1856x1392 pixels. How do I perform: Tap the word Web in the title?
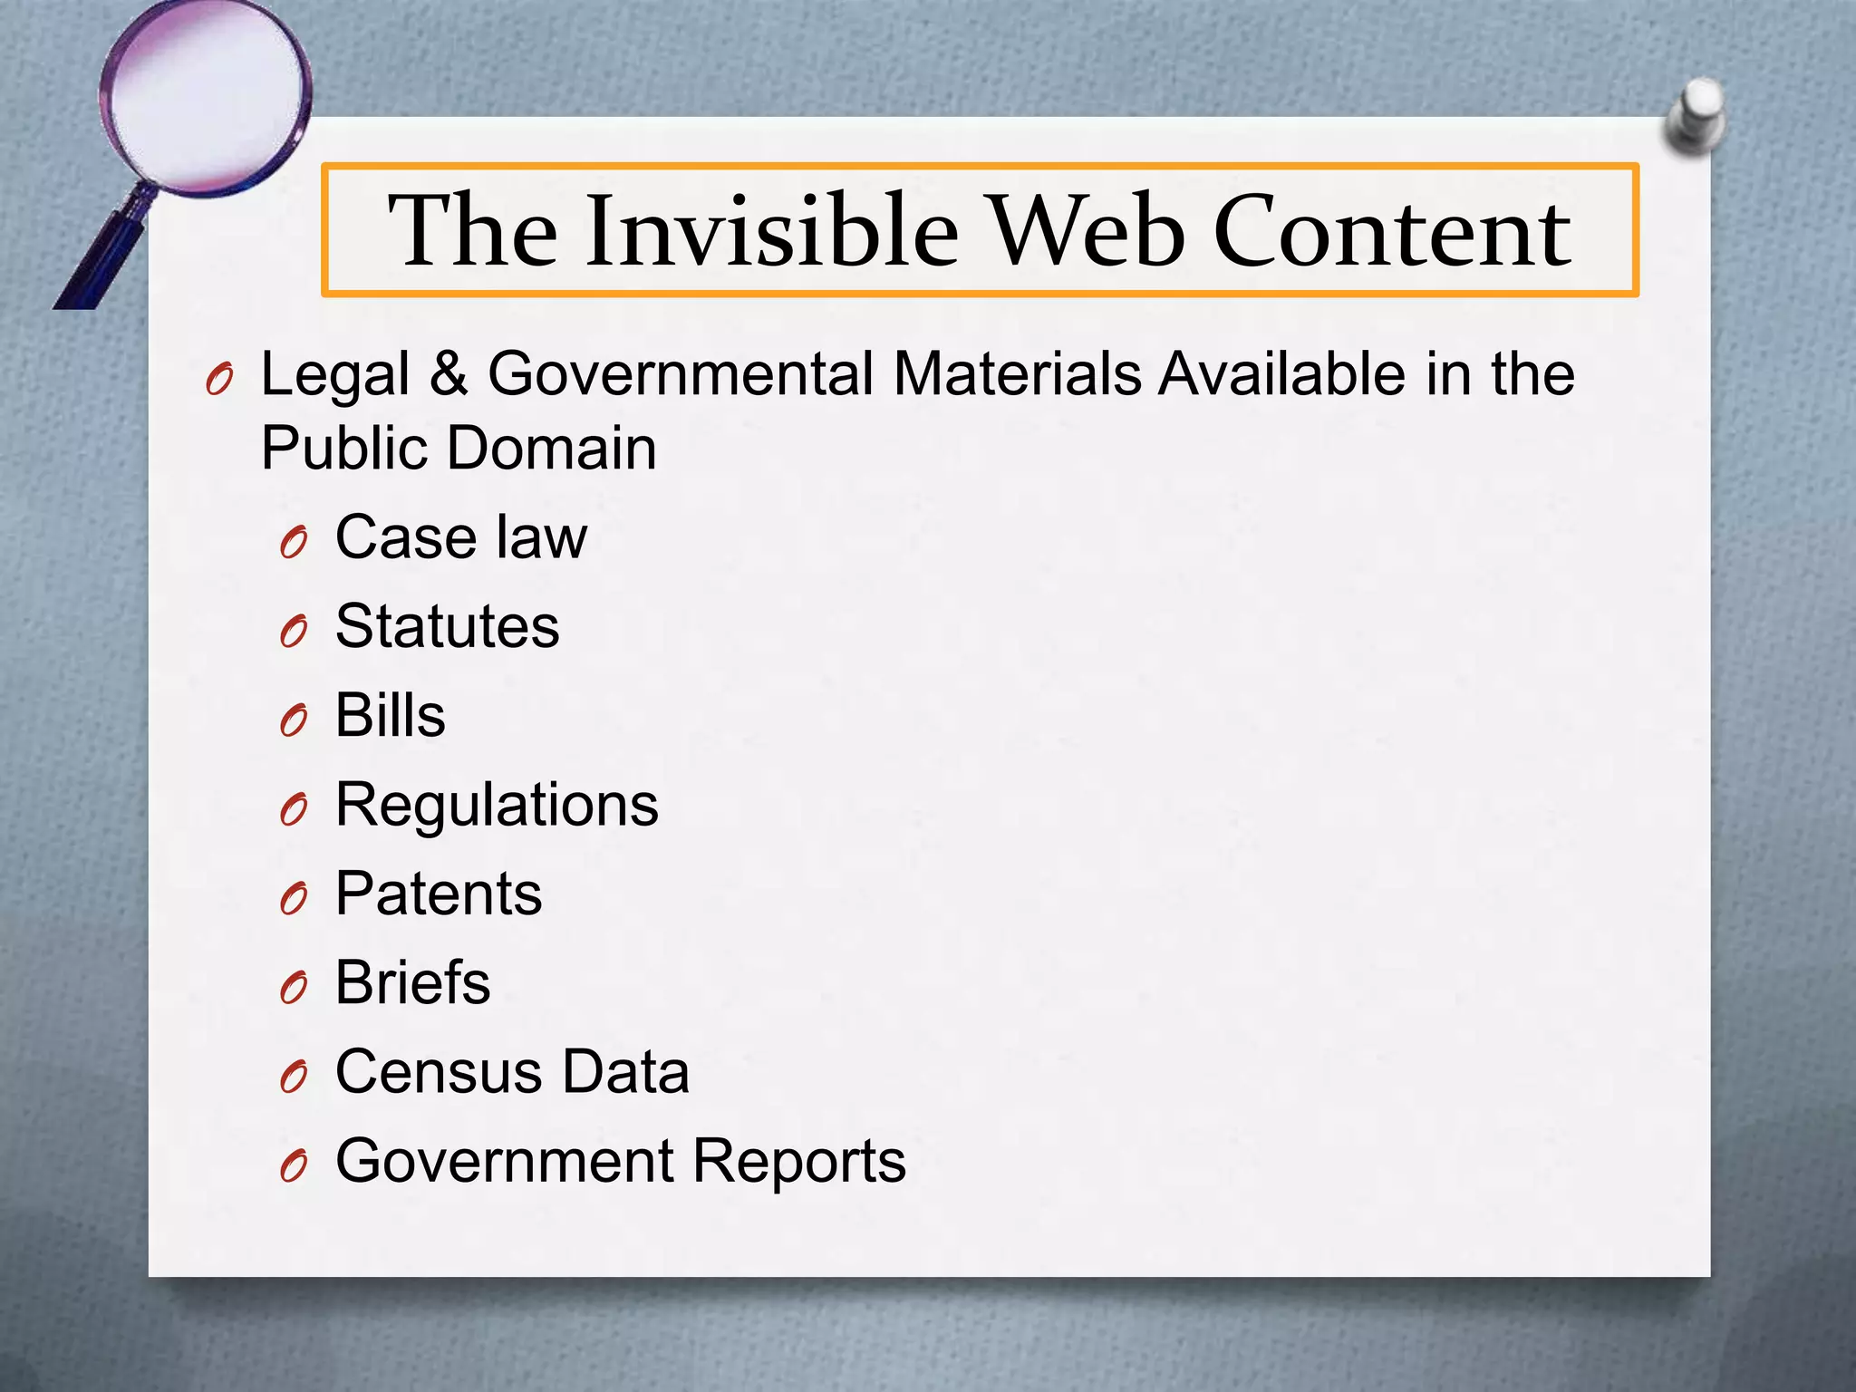coord(1085,231)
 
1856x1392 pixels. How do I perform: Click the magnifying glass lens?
coord(205,96)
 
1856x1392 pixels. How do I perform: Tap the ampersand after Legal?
coord(449,373)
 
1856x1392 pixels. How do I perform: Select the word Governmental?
coord(680,373)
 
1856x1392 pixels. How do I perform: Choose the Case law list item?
coord(460,537)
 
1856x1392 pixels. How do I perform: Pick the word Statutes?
coord(447,626)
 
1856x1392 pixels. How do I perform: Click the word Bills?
coord(390,715)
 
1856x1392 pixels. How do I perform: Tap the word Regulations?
coord(497,805)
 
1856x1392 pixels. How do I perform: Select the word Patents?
coord(439,894)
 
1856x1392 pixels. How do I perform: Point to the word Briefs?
coord(412,982)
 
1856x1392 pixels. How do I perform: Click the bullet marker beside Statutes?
coord(294,631)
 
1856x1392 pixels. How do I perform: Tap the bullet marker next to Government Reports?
coord(294,1165)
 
